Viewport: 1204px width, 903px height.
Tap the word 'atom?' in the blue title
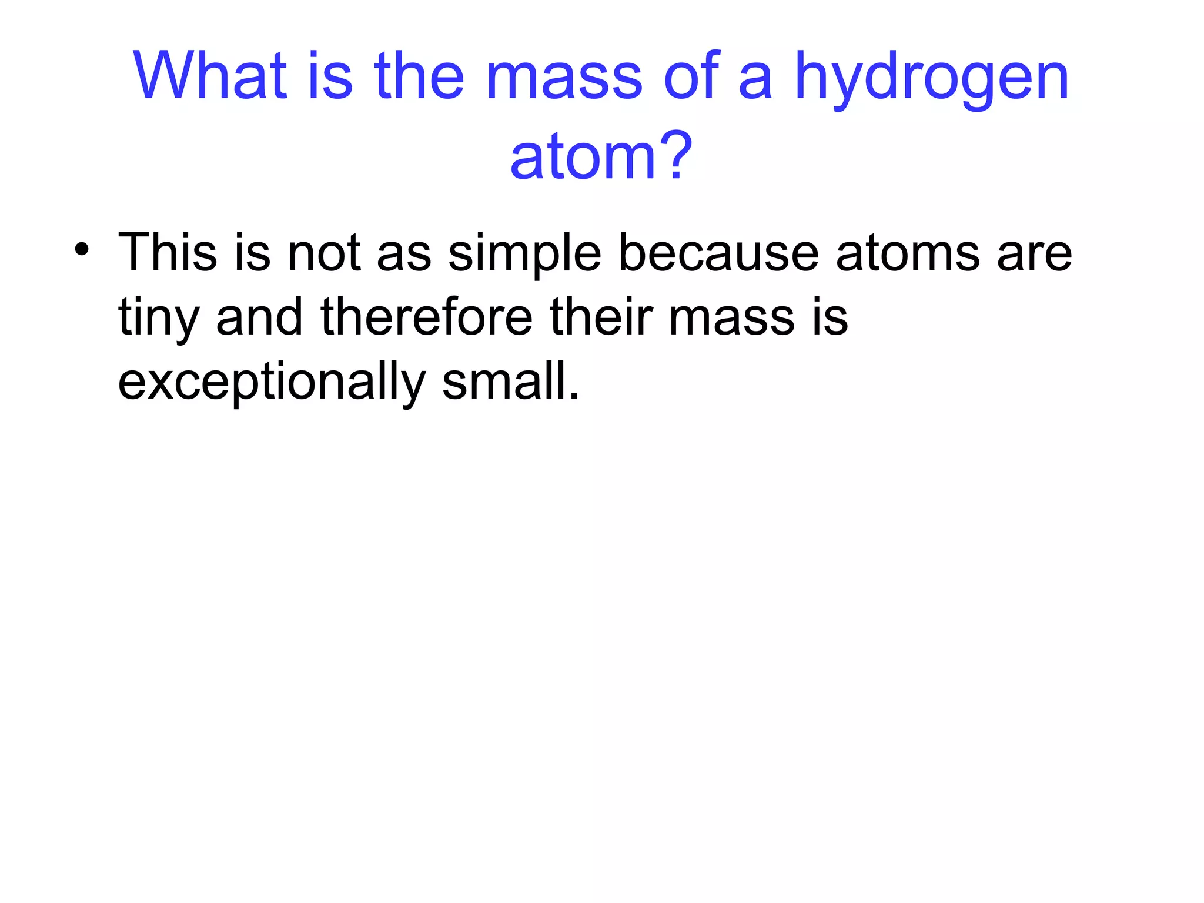point(601,156)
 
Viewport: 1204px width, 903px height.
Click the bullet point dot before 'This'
point(82,250)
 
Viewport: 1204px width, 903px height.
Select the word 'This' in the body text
point(168,252)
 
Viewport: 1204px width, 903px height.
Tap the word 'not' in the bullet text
point(323,253)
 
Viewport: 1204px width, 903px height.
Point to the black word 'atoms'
point(908,253)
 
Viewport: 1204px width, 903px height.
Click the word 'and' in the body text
point(259,317)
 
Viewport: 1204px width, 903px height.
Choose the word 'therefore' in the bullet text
point(427,317)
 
